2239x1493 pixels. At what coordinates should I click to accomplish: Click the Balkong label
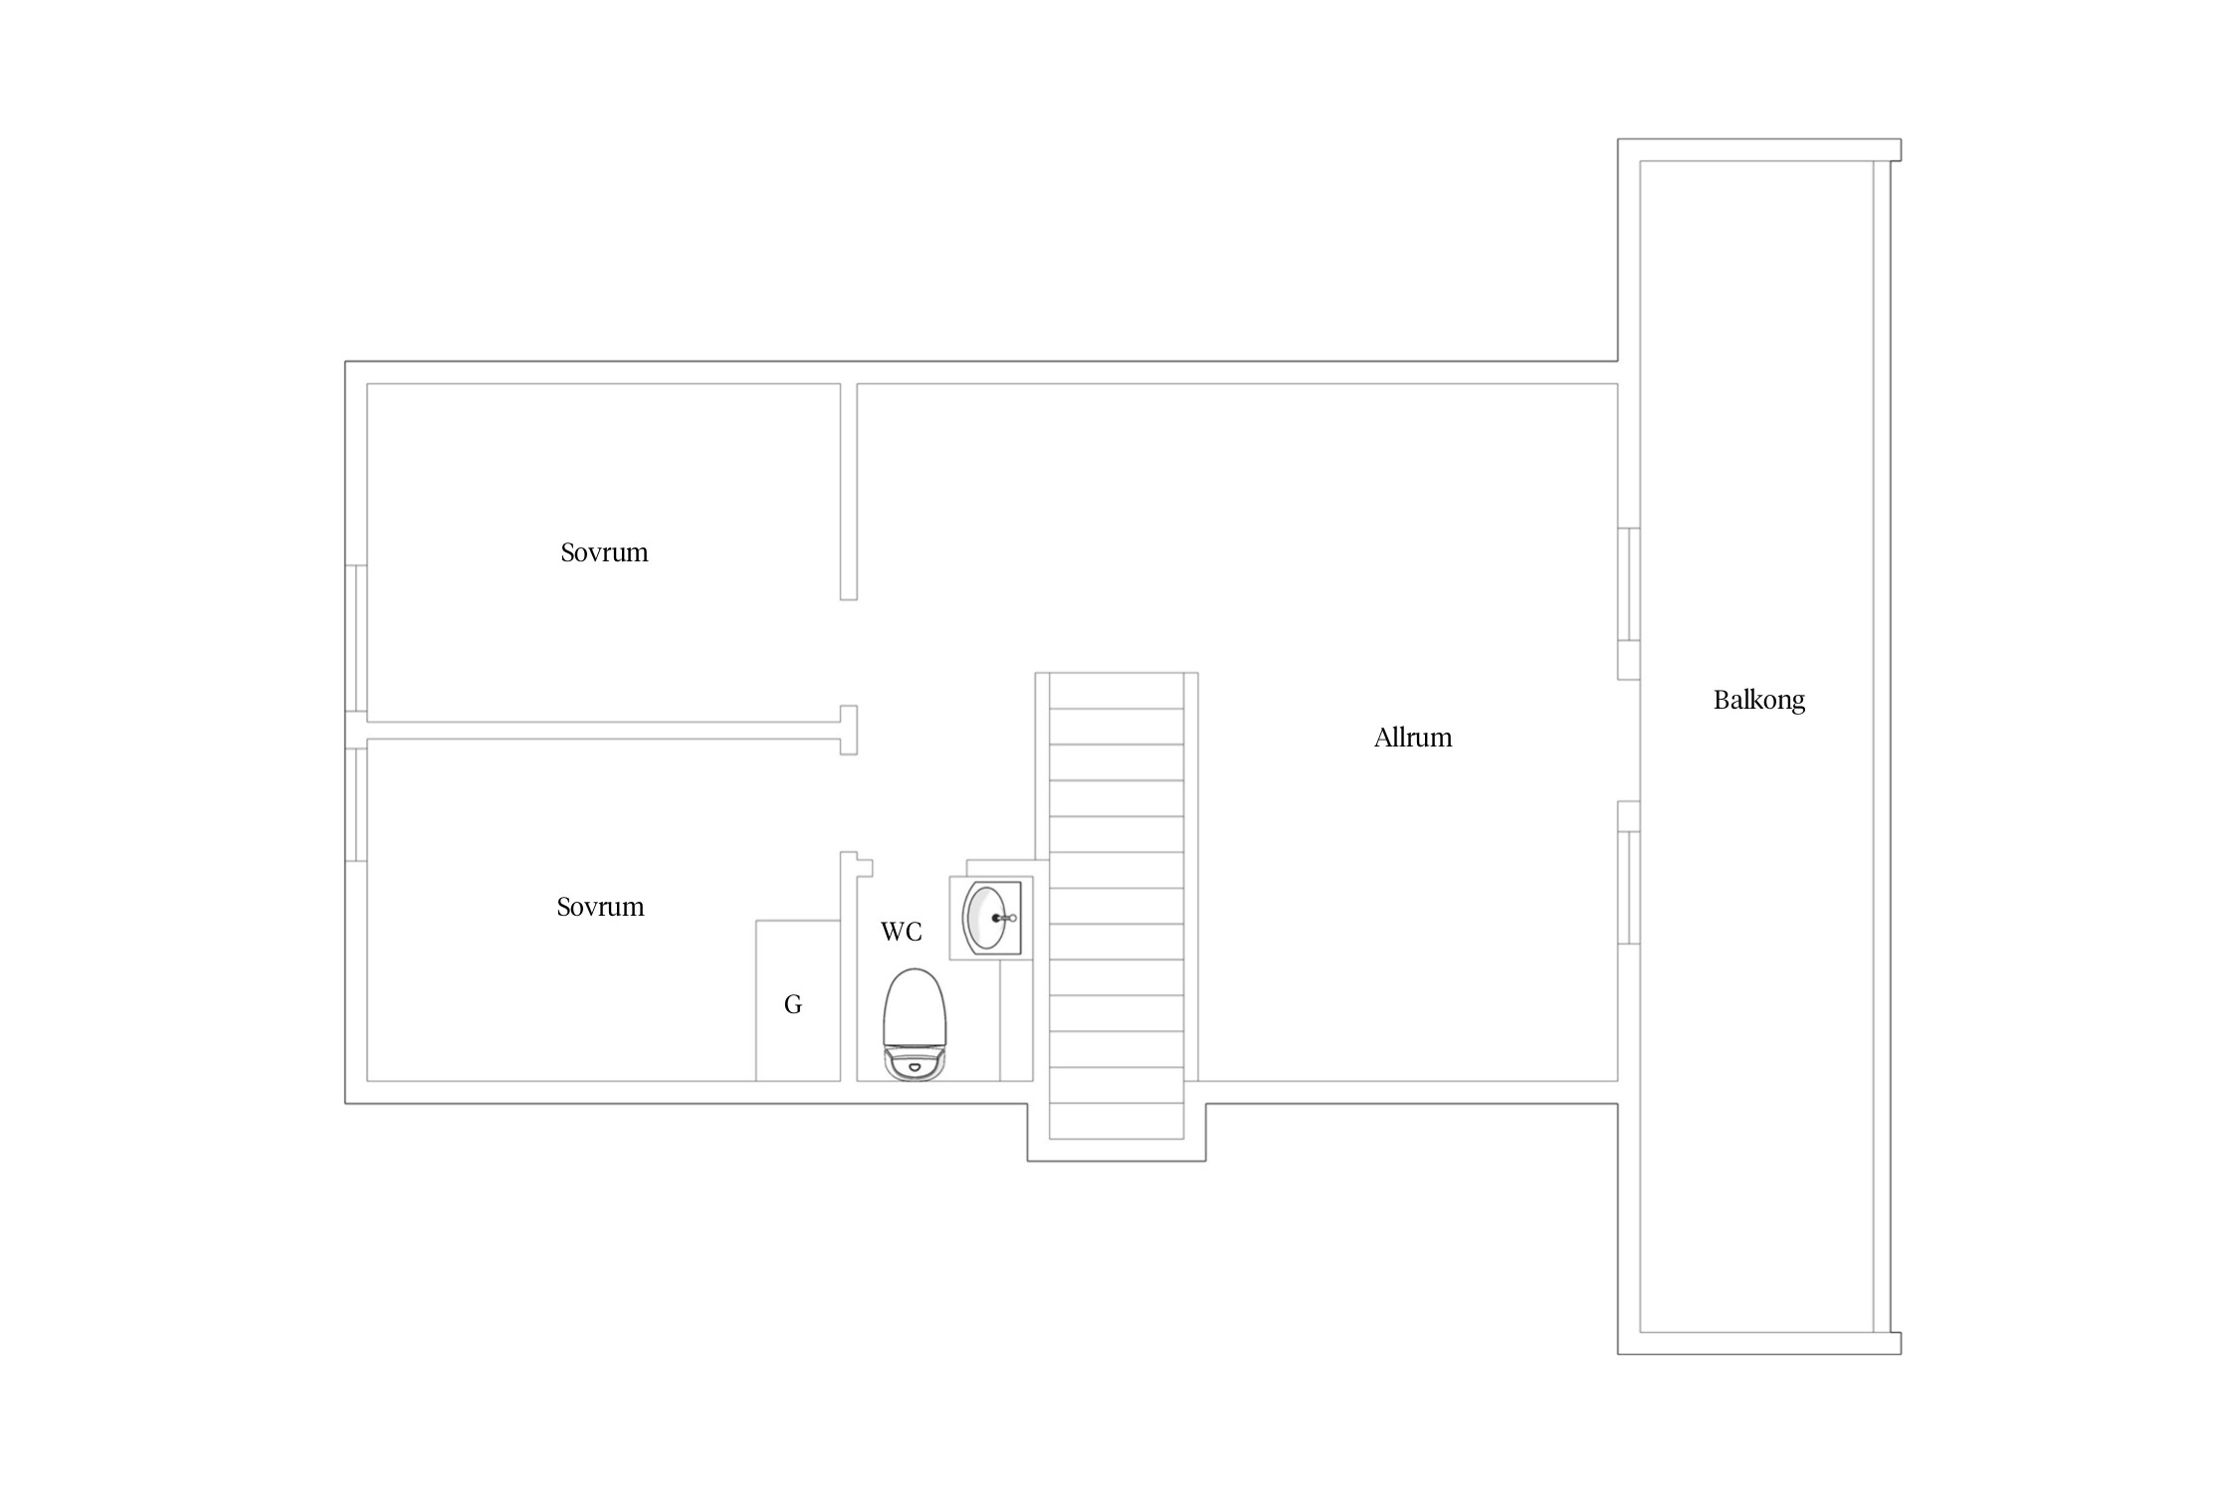pyautogui.click(x=1758, y=700)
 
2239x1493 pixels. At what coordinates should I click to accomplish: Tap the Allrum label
pyautogui.click(x=1413, y=738)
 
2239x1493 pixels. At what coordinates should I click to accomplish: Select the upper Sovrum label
pyautogui.click(x=604, y=552)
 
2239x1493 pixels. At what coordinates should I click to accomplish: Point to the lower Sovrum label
pyautogui.click(x=600, y=907)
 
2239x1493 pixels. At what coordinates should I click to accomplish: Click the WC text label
pyautogui.click(x=902, y=932)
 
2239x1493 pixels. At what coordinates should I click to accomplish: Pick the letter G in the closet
pyautogui.click(x=793, y=1004)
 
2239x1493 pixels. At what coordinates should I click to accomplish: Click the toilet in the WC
pyautogui.click(x=915, y=1024)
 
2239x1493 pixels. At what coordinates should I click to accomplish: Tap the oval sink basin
pyautogui.click(x=985, y=917)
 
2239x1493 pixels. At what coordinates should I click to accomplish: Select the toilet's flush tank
pyautogui.click(x=915, y=1064)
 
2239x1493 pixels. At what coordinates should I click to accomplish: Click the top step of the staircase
pyautogui.click(x=1117, y=691)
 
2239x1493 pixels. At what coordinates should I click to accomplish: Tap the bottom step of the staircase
pyautogui.click(x=1117, y=1121)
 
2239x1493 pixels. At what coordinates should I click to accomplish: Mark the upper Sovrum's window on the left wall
pyautogui.click(x=356, y=638)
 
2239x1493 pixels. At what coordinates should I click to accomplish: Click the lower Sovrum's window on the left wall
pyautogui.click(x=356, y=804)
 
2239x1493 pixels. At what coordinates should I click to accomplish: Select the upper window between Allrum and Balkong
pyautogui.click(x=1629, y=584)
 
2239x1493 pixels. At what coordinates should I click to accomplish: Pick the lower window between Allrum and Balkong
pyautogui.click(x=1629, y=887)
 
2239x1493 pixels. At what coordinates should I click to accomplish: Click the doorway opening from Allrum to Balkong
pyautogui.click(x=1629, y=741)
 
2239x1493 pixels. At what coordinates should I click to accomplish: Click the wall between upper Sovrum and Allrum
pyautogui.click(x=849, y=492)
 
